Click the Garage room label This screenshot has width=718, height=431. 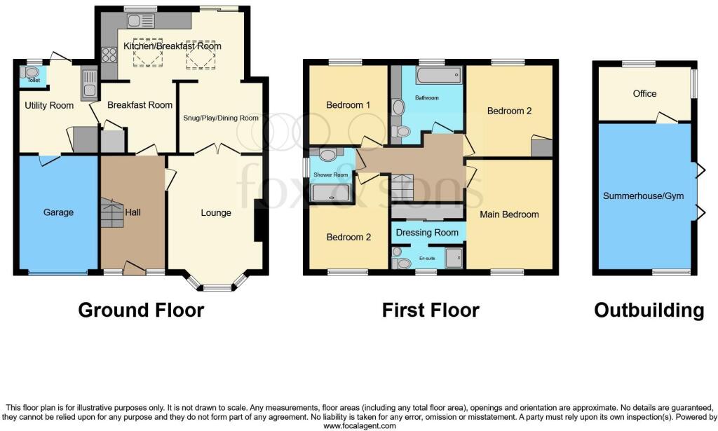[58, 212]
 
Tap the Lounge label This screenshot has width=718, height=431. [216, 213]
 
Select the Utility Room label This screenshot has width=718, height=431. [49, 106]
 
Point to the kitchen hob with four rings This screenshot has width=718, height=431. [109, 55]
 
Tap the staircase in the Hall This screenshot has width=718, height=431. [111, 213]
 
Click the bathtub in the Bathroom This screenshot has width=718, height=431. [439, 74]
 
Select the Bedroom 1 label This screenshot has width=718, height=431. [348, 105]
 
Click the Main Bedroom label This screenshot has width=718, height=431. [509, 214]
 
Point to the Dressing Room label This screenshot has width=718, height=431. [427, 233]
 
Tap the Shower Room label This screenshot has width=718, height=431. [331, 175]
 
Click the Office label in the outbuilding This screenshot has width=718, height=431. [644, 93]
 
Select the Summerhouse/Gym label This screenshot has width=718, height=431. [643, 196]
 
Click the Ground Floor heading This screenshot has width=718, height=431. [141, 310]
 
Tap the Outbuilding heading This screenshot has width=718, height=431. [649, 310]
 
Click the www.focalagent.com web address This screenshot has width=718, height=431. [360, 426]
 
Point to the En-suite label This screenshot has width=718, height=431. [427, 259]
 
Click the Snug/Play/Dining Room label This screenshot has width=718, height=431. [221, 118]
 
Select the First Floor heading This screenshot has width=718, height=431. [431, 310]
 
